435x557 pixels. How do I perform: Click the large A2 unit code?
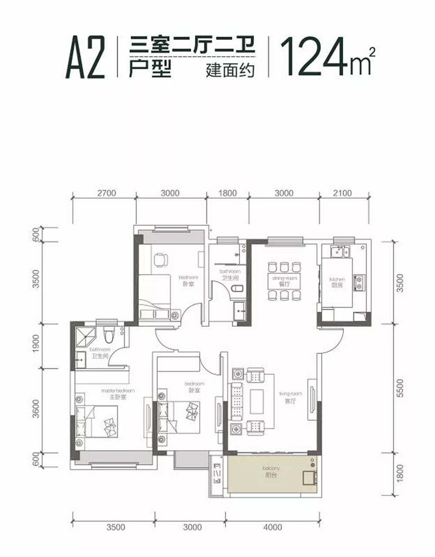tap(86, 58)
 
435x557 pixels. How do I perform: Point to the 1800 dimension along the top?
tap(227, 193)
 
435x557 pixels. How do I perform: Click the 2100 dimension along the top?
tap(342, 193)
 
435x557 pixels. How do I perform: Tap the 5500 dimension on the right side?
tap(401, 388)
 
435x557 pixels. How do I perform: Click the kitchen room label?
tap(337, 282)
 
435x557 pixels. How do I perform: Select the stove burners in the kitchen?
tap(360, 283)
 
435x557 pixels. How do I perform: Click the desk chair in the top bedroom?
tap(160, 259)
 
